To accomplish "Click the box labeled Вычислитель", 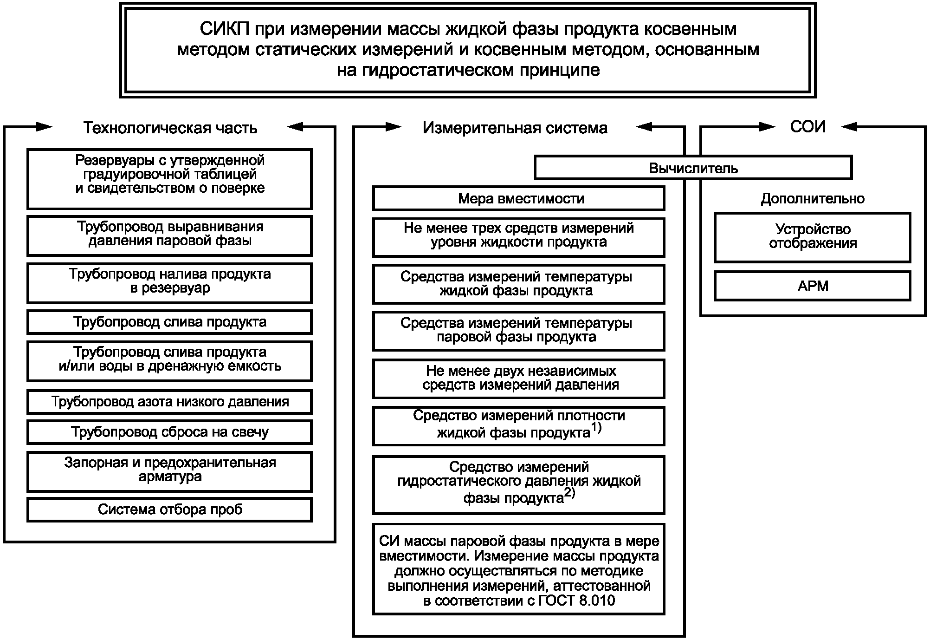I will pyautogui.click(x=693, y=168).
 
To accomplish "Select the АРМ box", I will pyautogui.click(x=813, y=286).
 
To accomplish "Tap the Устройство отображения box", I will pyautogui.click(x=813, y=237).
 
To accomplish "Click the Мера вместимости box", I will pyautogui.click(x=519, y=199).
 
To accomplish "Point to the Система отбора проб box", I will pyautogui.click(x=170, y=509).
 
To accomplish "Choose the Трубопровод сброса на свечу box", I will pyautogui.click(x=170, y=432).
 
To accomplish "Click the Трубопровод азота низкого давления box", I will pyautogui.click(x=170, y=402).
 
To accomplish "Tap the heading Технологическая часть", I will pyautogui.click(x=170, y=128).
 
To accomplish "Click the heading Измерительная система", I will pyautogui.click(x=515, y=128).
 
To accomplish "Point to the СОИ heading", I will pyautogui.click(x=808, y=127).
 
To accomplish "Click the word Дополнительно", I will pyautogui.click(x=813, y=199).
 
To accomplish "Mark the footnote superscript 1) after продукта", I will pyautogui.click(x=596, y=428).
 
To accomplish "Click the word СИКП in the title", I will pyautogui.click(x=224, y=29).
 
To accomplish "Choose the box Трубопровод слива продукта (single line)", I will pyautogui.click(x=170, y=322).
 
